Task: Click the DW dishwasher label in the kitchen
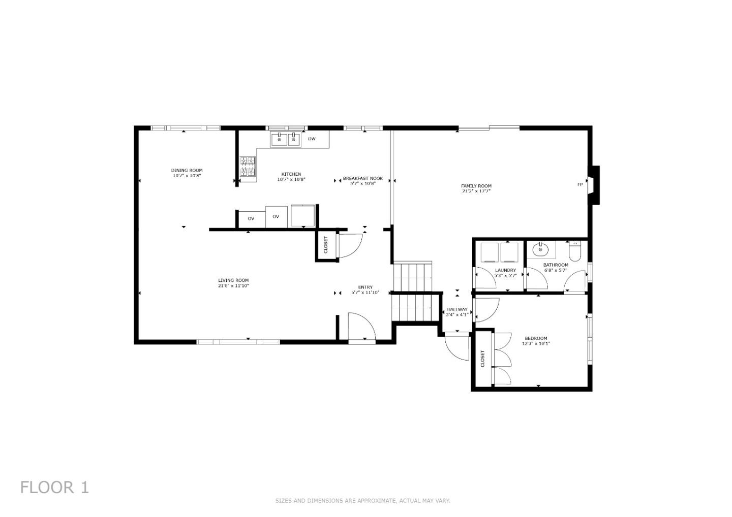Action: click(x=312, y=139)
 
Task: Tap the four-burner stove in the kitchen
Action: click(x=248, y=168)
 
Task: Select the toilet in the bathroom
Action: click(x=574, y=251)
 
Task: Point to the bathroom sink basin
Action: click(x=539, y=249)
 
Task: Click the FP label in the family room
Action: click(x=579, y=185)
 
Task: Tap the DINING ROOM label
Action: click(x=187, y=170)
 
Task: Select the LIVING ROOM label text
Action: click(x=233, y=280)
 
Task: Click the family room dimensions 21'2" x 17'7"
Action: click(x=476, y=191)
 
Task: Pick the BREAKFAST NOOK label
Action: click(x=362, y=178)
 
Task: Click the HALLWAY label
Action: click(x=457, y=309)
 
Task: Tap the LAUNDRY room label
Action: click(x=505, y=270)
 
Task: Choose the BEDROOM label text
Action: click(x=536, y=338)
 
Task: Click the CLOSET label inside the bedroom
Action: click(x=482, y=359)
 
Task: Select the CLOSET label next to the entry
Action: click(x=326, y=245)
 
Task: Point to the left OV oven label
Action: click(x=251, y=218)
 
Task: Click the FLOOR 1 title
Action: click(x=54, y=488)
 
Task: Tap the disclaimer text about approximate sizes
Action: click(x=362, y=501)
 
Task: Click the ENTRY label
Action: click(x=365, y=287)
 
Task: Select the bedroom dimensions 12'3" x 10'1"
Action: click(x=536, y=344)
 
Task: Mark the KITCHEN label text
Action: click(x=291, y=174)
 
